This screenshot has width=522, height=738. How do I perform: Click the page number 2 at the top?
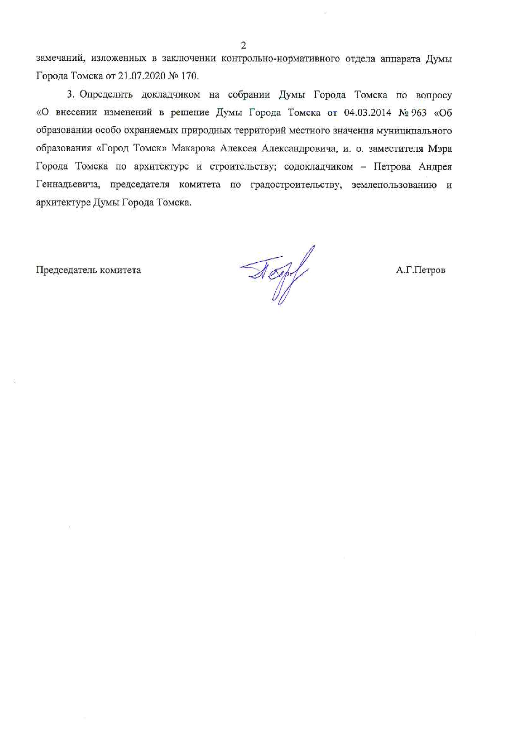(x=243, y=45)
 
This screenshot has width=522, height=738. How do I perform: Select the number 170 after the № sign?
(x=189, y=77)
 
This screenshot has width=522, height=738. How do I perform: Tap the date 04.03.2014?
(x=365, y=113)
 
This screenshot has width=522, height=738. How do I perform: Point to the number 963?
(x=419, y=113)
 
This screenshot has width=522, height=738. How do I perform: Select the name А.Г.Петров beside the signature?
(x=420, y=270)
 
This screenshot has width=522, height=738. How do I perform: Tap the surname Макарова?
(x=194, y=149)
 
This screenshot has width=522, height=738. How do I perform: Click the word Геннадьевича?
(x=67, y=185)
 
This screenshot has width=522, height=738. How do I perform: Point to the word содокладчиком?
(x=319, y=167)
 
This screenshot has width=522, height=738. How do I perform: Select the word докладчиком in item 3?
(x=171, y=95)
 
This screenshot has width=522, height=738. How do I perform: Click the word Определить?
(x=106, y=95)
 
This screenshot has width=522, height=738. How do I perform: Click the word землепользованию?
(x=394, y=185)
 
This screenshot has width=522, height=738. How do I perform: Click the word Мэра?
(x=440, y=149)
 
